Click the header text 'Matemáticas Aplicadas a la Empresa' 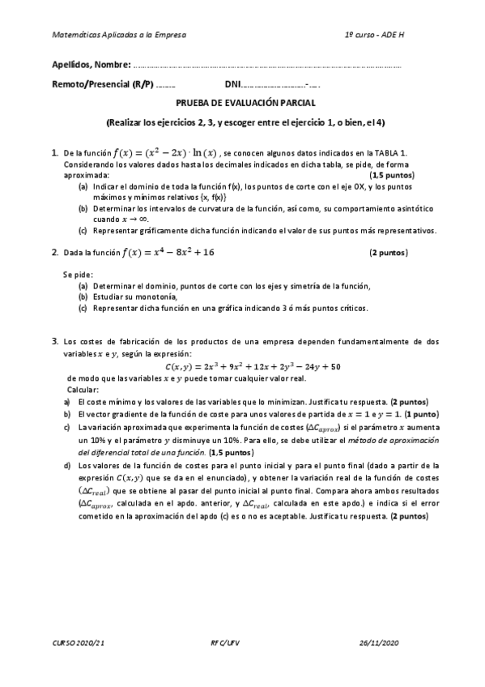[118, 36]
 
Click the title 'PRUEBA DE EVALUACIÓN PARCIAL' [246, 104]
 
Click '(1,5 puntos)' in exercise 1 [392, 175]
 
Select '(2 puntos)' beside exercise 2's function [389, 253]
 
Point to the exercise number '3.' [54, 342]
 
